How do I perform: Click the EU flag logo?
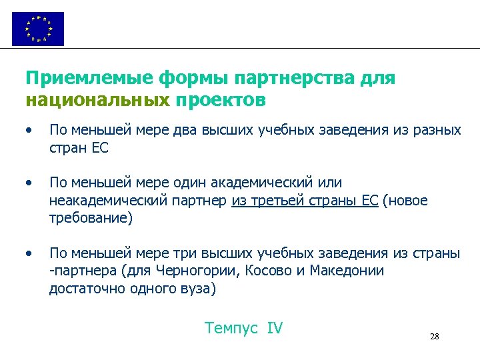pos(38,29)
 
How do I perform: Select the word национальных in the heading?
pos(97,101)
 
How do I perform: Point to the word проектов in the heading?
pos(221,101)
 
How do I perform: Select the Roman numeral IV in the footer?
pos(275,328)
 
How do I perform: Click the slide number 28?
pos(435,337)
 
